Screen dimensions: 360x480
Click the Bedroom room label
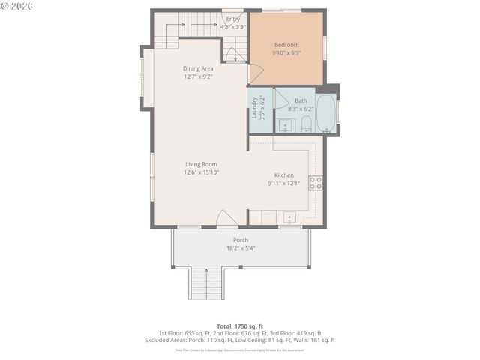tap(286, 45)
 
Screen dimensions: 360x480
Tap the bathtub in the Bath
tap(326, 112)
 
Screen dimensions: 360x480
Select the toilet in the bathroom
tap(306, 124)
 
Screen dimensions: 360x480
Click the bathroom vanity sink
tap(285, 125)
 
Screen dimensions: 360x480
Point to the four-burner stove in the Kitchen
tap(316, 182)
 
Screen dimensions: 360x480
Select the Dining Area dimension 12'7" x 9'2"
tap(198, 76)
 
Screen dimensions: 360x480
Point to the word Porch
tap(240, 240)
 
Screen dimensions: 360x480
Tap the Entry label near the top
tap(233, 19)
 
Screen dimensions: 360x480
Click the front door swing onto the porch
tap(226, 218)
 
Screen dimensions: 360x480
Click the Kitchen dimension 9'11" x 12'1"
tap(284, 184)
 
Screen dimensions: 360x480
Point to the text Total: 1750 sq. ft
tap(240, 326)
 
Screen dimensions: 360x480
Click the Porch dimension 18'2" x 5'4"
tap(240, 248)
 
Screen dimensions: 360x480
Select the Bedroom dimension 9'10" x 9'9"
tap(286, 53)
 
